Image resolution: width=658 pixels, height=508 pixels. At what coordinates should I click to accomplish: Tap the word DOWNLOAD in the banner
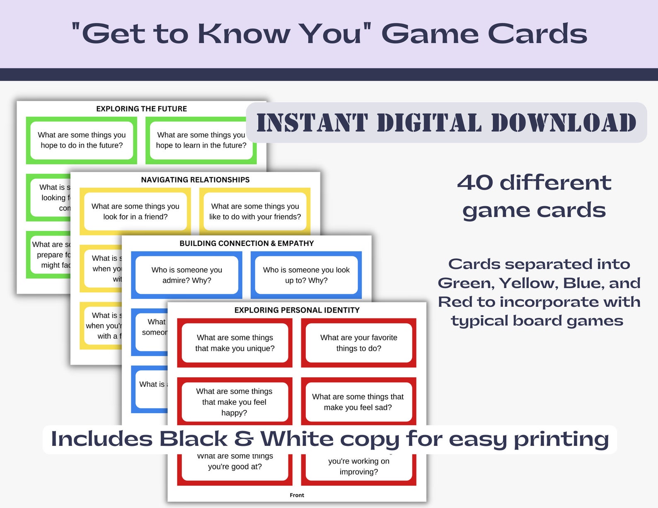click(x=564, y=123)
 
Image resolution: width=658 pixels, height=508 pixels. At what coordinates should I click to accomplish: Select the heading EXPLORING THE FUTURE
click(x=141, y=109)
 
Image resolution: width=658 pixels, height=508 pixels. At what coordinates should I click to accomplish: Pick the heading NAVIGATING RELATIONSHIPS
click(x=195, y=180)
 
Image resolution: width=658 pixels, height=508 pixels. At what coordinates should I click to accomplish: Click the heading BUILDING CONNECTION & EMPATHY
click(x=247, y=243)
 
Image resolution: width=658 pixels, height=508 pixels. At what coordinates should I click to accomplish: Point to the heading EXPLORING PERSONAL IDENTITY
click(x=297, y=310)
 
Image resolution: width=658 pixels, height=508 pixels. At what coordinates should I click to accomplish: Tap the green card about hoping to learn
click(x=201, y=140)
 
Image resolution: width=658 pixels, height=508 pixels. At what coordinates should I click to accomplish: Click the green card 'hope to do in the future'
click(x=82, y=140)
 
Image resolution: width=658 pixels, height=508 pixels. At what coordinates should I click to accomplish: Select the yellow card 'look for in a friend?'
click(x=135, y=211)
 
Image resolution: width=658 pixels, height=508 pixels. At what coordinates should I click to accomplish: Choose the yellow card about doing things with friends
click(x=255, y=211)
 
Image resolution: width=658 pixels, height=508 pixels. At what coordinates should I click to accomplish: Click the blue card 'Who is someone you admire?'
click(x=186, y=275)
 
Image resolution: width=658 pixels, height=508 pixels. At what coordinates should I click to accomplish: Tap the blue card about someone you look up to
click(x=306, y=275)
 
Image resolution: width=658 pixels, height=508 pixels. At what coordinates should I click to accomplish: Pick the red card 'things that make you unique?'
click(x=235, y=343)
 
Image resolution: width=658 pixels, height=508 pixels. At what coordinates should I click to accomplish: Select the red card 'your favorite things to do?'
click(x=358, y=343)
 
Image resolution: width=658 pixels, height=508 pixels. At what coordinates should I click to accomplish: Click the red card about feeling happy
click(x=234, y=401)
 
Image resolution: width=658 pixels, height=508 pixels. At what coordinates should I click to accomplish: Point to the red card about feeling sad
click(x=358, y=402)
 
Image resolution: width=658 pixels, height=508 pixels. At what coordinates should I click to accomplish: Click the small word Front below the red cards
click(x=297, y=495)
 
